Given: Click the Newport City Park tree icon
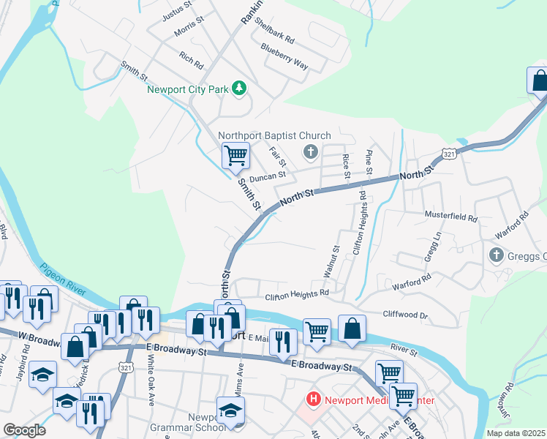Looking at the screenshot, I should [x=238, y=89].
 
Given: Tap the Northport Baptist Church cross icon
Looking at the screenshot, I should [x=310, y=152].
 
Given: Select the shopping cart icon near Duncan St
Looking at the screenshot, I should [x=235, y=155].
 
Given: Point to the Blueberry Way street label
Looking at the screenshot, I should [x=284, y=56].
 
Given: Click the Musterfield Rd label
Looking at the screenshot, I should [x=451, y=217].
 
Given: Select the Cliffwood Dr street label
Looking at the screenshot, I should [x=404, y=314].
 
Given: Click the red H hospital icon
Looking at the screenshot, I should [x=313, y=399].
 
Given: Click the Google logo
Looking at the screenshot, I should [x=24, y=430].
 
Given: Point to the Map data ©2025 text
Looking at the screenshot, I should [x=515, y=433].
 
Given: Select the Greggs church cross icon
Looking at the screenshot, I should [x=496, y=255].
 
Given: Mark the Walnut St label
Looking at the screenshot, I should [x=331, y=262].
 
